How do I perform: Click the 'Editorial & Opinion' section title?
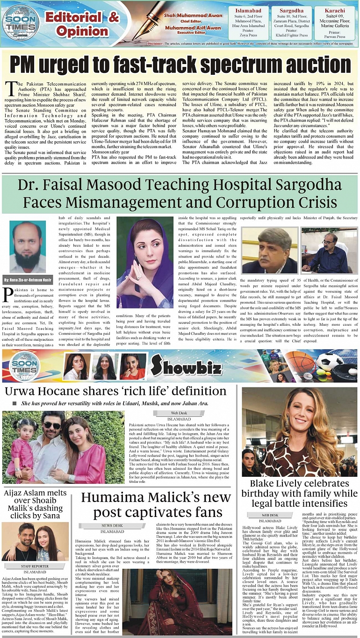[x=82, y=24]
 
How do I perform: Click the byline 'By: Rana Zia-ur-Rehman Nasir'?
[x=28, y=280]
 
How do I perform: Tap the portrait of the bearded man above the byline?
[x=28, y=247]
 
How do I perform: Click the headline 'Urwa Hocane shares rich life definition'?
[x=115, y=391]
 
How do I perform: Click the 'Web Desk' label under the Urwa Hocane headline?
[x=179, y=413]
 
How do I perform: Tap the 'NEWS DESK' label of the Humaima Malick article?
[x=112, y=525]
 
